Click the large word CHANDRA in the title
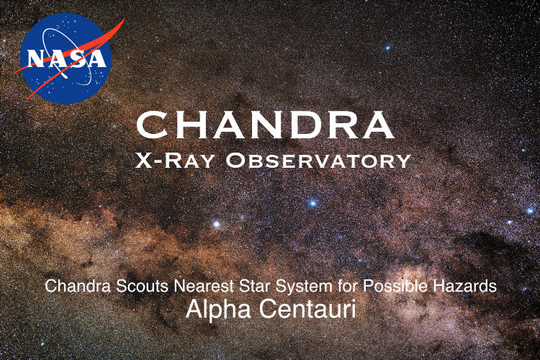[265, 125]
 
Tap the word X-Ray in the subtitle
[175, 161]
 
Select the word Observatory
[318, 161]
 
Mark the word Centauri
[307, 308]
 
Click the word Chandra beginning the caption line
[78, 286]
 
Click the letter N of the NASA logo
[38, 59]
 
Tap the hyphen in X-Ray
[157, 161]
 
